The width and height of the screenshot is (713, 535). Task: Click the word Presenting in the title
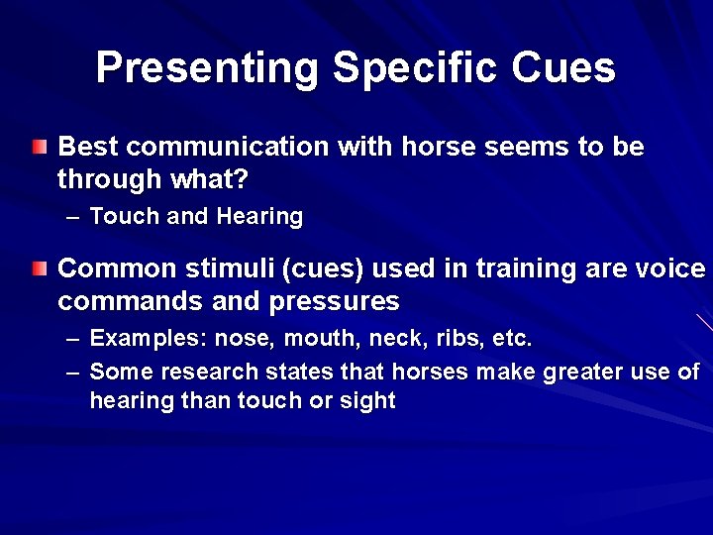click(208, 67)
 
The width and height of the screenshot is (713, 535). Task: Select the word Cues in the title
click(573, 67)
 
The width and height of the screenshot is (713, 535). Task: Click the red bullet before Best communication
click(38, 148)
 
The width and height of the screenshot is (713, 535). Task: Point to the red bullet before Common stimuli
click(38, 268)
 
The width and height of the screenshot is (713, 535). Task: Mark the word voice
click(674, 268)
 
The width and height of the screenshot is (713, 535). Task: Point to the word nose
click(245, 339)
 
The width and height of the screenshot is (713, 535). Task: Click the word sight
click(368, 401)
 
